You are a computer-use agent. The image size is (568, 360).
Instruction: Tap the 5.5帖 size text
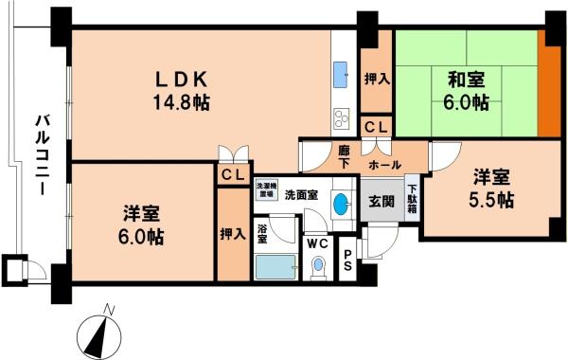tap(492, 200)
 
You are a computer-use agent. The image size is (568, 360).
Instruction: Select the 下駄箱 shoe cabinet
tap(412, 199)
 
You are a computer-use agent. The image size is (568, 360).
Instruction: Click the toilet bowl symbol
tap(319, 266)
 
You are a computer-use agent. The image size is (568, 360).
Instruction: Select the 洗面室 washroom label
tap(302, 194)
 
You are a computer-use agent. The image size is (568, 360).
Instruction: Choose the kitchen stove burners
tap(341, 118)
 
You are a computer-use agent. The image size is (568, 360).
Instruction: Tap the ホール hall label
tap(383, 164)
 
